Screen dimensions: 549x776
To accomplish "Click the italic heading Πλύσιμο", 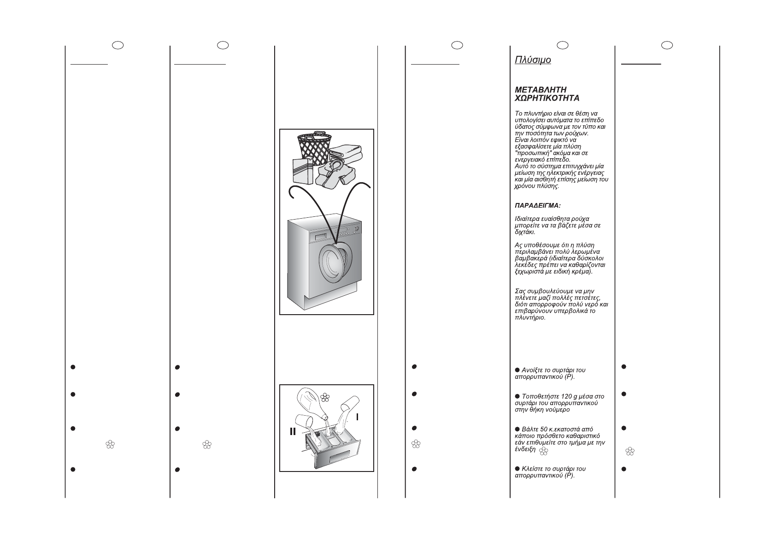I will pyautogui.click(x=533, y=60).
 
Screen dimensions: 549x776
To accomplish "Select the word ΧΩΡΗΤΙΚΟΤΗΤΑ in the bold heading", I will pyautogui.click(x=547, y=98).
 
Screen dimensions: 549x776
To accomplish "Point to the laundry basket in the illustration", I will pyautogui.click(x=315, y=145).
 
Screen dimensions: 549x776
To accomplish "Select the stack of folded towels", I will pyautogui.click(x=346, y=152).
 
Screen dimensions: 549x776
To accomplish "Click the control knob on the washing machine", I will pyautogui.click(x=355, y=229).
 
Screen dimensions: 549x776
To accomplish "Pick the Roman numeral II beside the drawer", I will pyautogui.click(x=293, y=431).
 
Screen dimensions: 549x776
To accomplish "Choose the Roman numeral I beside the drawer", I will pyautogui.click(x=357, y=417).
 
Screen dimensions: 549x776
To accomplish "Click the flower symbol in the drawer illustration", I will pyautogui.click(x=325, y=397).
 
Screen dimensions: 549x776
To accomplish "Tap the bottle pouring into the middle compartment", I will pyautogui.click(x=313, y=401).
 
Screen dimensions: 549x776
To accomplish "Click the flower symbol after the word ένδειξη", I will pyautogui.click(x=544, y=451).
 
